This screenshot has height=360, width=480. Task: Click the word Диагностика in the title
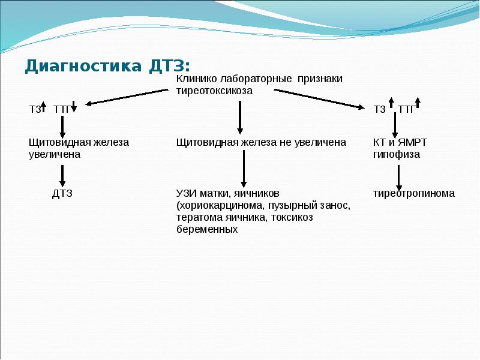click(80, 65)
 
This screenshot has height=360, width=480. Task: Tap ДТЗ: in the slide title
click(167, 65)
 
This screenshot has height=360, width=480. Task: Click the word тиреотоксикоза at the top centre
click(214, 91)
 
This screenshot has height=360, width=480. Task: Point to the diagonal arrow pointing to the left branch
click(126, 97)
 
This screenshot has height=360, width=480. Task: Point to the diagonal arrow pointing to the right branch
click(319, 98)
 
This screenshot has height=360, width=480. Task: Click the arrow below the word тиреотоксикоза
click(240, 117)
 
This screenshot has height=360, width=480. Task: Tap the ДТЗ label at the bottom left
click(62, 193)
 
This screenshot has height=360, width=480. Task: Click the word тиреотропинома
click(413, 193)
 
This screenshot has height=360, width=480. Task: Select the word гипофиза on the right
click(396, 154)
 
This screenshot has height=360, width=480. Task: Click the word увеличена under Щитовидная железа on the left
click(54, 154)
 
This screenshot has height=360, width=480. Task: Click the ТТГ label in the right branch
click(406, 109)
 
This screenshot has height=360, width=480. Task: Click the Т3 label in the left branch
click(36, 109)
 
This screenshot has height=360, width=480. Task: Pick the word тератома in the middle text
click(197, 217)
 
